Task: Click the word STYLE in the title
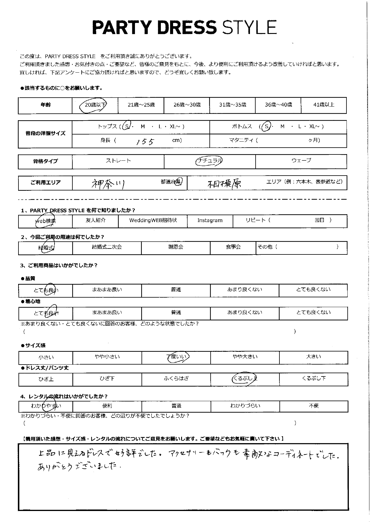tap(250, 28)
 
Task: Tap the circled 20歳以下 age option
tap(95, 105)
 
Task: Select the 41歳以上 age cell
tap(324, 105)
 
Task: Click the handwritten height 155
tap(145, 141)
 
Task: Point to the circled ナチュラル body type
tap(209, 161)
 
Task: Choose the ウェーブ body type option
tap(301, 161)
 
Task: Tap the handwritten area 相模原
tap(224, 184)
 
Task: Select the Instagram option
tap(210, 221)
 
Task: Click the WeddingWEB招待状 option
tap(153, 221)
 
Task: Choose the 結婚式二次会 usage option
tap(107, 247)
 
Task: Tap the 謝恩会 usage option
tap(175, 247)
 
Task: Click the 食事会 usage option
tap(233, 247)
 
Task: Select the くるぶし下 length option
tap(313, 379)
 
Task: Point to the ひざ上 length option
tap(46, 379)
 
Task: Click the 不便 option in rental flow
tap(314, 406)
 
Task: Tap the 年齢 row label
tap(45, 105)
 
